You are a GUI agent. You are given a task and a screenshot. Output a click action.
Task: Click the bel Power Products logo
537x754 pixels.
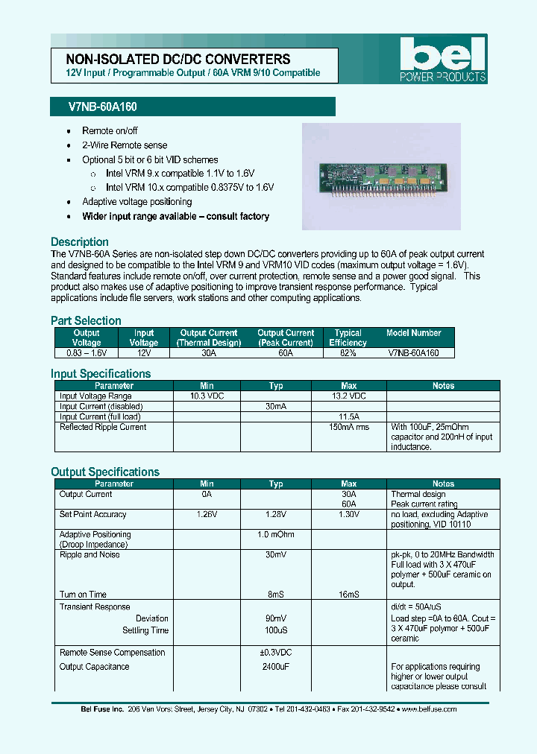coord(442,60)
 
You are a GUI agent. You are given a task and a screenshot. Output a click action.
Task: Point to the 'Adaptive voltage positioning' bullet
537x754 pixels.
coord(136,202)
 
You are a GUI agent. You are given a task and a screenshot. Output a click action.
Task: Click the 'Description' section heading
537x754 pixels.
coord(80,242)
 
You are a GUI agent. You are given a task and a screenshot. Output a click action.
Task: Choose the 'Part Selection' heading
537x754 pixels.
coord(86,321)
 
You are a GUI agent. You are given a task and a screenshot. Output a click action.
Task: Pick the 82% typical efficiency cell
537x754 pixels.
coord(348,353)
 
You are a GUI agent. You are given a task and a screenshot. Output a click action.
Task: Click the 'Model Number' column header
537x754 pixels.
coord(414,333)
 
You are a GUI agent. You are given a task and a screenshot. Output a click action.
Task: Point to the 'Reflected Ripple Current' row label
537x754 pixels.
coord(103,427)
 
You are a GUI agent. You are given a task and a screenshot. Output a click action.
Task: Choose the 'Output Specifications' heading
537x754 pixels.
coord(105,472)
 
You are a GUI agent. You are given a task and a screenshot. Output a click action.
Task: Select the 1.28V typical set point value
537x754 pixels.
coord(276,514)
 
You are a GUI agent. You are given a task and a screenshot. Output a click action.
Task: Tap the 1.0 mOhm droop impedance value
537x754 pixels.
coord(276,534)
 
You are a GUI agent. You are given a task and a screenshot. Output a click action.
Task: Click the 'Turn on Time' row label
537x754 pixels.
coord(83,595)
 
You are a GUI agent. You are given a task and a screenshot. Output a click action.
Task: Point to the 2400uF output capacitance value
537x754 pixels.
coord(276,667)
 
